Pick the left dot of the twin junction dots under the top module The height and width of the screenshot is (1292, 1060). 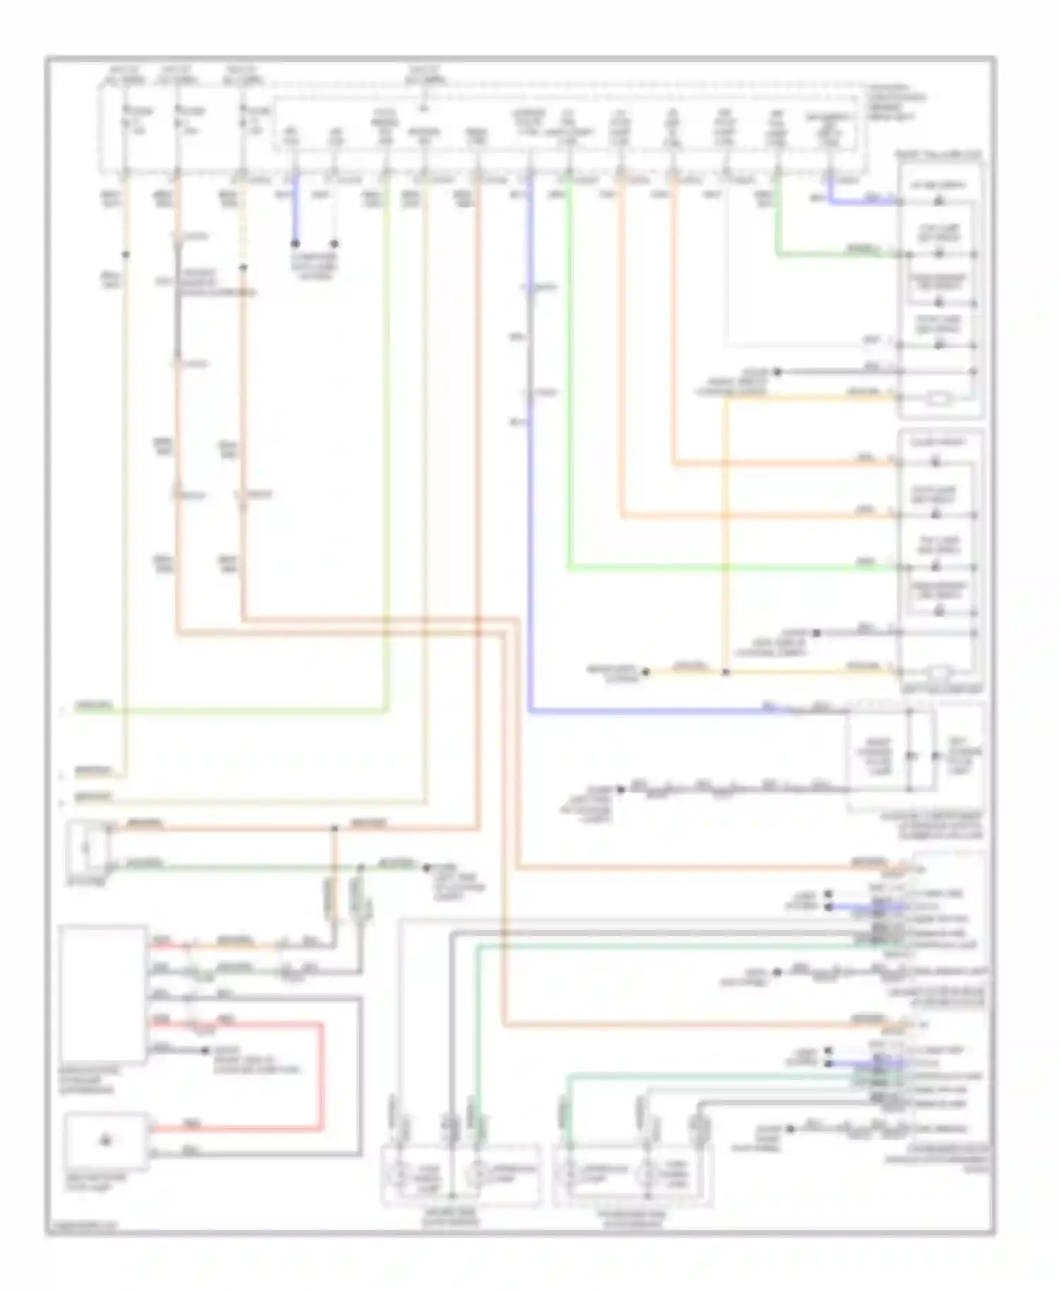pyautogui.click(x=295, y=244)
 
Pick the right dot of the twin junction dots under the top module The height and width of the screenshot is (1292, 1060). pyautogui.click(x=335, y=244)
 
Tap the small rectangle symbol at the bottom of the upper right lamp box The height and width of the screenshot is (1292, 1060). pyautogui.click(x=938, y=400)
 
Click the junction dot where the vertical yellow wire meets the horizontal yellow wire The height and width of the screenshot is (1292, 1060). pyautogui.click(x=725, y=672)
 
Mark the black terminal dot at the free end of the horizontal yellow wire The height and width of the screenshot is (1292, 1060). pyautogui.click(x=644, y=672)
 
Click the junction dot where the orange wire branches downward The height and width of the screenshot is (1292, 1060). pyautogui.click(x=334, y=828)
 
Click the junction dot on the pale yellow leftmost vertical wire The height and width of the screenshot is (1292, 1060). pyautogui.click(x=125, y=254)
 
